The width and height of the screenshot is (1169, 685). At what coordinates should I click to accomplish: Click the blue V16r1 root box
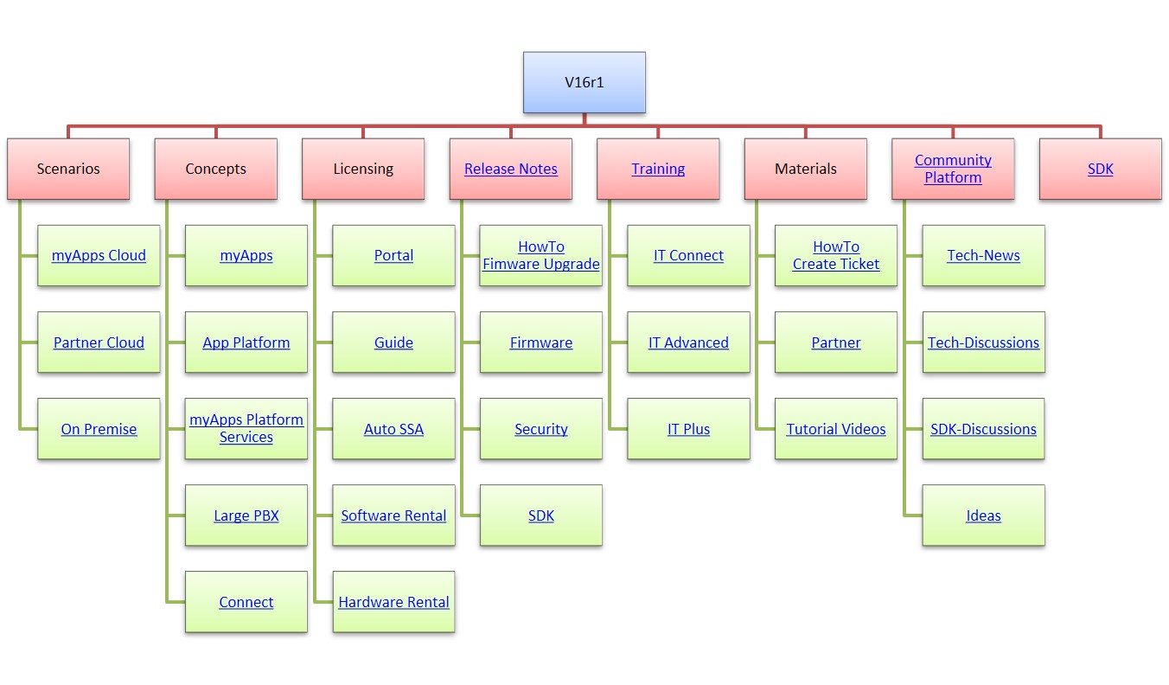coord(584,82)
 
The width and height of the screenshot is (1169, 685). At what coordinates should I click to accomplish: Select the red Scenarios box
coord(68,169)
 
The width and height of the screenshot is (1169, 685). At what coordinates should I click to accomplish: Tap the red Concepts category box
coord(215,169)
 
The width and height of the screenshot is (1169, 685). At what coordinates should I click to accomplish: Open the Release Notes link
coord(511,170)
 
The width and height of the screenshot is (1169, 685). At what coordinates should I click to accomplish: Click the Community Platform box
coord(953,169)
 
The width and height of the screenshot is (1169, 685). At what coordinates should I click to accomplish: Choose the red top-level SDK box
coord(1100,170)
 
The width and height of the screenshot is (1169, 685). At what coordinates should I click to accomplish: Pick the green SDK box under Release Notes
coord(541,515)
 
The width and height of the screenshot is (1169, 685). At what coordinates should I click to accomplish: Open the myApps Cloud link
coord(99,256)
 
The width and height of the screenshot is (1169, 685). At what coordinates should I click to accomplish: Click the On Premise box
coord(99,429)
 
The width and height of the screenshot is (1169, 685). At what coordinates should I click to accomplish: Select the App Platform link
coord(246,342)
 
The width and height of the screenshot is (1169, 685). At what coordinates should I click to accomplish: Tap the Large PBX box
coord(246,515)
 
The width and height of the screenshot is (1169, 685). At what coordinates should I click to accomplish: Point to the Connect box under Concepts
coord(246,602)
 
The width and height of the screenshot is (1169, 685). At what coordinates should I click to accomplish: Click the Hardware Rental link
coord(393,602)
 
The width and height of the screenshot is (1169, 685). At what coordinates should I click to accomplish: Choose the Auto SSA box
coord(393,429)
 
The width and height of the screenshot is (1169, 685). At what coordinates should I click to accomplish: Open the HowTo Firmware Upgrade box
coord(541,256)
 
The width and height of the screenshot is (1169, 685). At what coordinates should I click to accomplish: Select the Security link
coord(541,429)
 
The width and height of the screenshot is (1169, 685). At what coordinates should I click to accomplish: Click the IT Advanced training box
coord(688,342)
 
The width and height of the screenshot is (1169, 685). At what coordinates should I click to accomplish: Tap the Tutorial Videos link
coord(836,429)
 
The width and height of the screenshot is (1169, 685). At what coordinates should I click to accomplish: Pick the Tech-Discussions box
coord(983,342)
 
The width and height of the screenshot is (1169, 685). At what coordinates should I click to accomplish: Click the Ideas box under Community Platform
coord(983,515)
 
